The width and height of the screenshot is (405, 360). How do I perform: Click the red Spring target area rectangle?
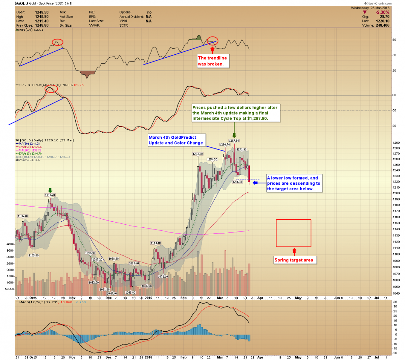[x=293, y=233]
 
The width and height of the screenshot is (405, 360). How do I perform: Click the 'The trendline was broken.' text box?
[x=212, y=61]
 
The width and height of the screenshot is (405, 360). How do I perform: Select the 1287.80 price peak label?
[x=234, y=141]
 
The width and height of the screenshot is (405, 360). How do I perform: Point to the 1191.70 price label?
[x=50, y=195]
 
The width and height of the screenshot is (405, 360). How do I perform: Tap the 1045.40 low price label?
[x=112, y=294]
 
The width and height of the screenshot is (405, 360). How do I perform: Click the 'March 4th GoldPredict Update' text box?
[x=176, y=140]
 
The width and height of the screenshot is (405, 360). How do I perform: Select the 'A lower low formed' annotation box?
[x=294, y=183]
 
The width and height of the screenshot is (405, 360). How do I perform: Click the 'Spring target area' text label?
[x=294, y=260]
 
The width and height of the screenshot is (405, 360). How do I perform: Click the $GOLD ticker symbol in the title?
[x=21, y=3]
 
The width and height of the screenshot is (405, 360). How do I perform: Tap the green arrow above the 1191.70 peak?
[x=50, y=190]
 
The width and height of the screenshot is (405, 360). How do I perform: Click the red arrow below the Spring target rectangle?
[x=294, y=251]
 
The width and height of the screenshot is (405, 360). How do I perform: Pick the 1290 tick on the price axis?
[x=396, y=143]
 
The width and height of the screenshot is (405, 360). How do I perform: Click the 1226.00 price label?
[x=238, y=182]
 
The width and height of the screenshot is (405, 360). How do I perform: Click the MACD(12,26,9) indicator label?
[x=33, y=302]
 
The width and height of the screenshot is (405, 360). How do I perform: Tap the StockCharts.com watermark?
[x=378, y=3]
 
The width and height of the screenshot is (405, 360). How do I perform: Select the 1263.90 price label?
[x=198, y=154]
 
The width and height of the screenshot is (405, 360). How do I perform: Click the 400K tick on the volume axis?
[x=10, y=244]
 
